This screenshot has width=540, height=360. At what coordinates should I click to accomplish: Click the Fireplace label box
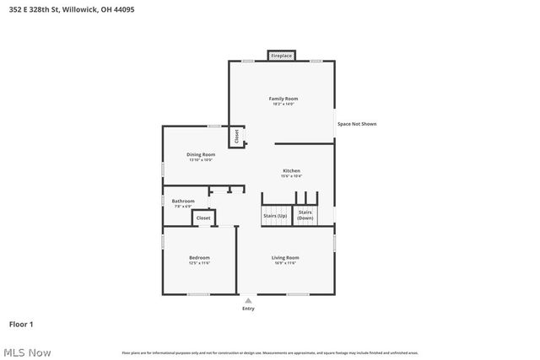(281, 56)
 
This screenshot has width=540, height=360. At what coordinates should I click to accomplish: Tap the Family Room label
(283, 99)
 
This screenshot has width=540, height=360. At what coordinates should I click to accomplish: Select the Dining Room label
(201, 154)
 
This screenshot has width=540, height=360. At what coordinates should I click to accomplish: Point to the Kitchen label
(291, 170)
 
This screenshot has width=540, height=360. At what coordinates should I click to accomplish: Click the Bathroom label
(183, 201)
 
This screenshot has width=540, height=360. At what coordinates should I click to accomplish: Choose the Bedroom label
(199, 257)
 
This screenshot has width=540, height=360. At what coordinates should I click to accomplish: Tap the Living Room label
(285, 257)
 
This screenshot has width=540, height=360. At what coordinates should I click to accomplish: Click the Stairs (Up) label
(275, 216)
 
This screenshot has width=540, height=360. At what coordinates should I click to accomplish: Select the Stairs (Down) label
(305, 215)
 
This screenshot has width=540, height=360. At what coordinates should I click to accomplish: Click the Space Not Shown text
(357, 124)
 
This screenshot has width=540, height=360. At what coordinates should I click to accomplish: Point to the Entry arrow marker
(248, 300)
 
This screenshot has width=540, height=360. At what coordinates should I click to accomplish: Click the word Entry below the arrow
(248, 309)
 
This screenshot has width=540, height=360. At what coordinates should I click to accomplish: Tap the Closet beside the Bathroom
(203, 218)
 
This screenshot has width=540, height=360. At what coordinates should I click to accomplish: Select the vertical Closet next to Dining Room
(237, 135)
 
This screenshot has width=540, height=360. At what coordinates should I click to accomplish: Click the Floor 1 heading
(21, 324)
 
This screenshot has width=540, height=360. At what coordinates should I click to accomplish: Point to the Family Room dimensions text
(283, 105)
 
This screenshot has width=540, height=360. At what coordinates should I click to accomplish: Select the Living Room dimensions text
(285, 263)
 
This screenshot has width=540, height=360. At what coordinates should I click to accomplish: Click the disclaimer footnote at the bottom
(270, 352)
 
